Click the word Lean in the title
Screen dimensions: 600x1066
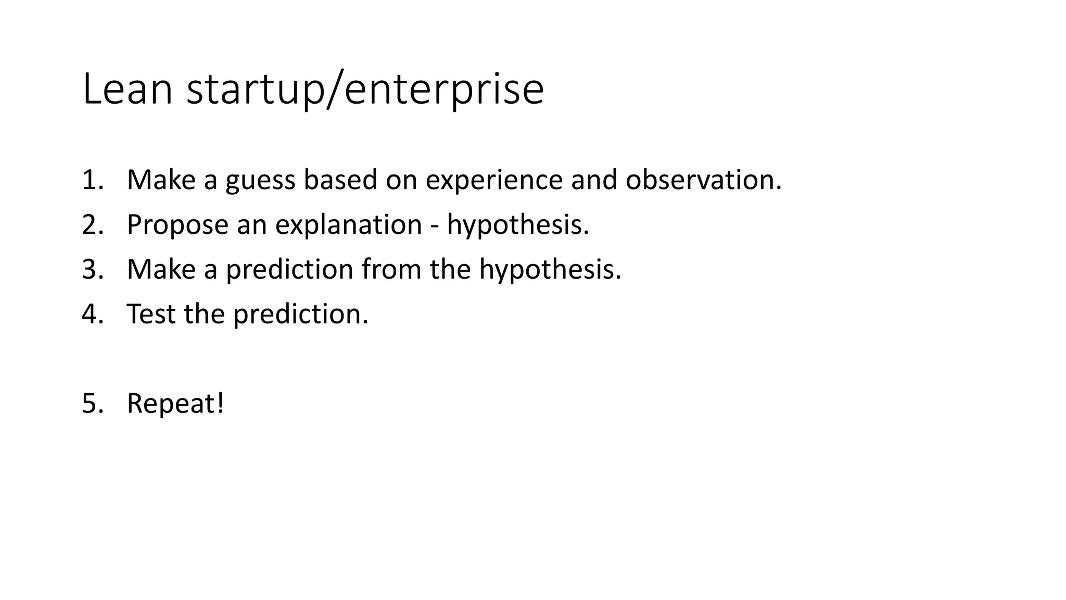click(127, 89)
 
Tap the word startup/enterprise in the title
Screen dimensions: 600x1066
click(365, 90)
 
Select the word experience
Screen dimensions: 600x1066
click(494, 181)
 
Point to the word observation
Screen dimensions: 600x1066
click(703, 180)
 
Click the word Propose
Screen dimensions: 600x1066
click(177, 226)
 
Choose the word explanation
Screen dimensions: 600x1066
click(348, 226)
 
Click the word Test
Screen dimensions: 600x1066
click(151, 314)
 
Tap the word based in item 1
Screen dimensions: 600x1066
click(340, 180)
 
